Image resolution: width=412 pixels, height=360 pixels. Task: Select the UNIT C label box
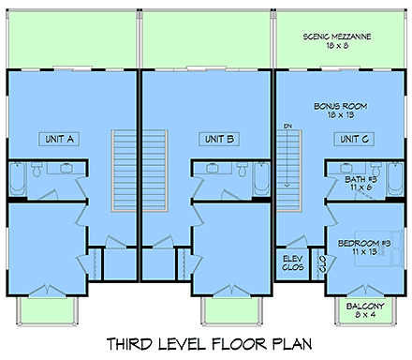point(353,139)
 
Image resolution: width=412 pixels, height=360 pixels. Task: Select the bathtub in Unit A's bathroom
point(16,178)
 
